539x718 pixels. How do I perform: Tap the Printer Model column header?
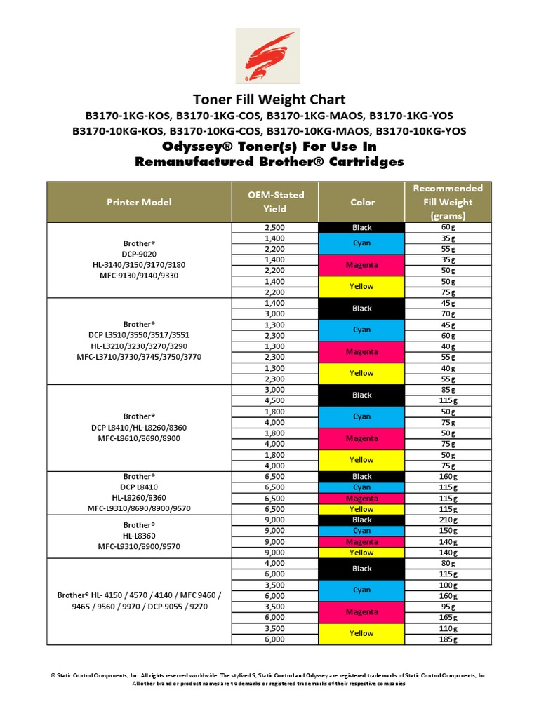139,202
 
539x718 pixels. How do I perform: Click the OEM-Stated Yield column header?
274,202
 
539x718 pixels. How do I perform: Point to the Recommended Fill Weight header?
448,202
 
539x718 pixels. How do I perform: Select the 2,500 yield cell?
274,228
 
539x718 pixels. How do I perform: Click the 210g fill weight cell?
448,520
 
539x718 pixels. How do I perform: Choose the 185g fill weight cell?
448,639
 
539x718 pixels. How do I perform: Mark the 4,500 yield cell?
274,401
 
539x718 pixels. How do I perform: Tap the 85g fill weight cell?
448,390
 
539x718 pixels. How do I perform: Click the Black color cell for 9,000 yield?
361,520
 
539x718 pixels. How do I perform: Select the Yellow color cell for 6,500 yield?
361,509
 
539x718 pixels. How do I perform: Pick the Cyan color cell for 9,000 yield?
361,531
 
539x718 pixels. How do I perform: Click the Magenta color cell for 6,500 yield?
361,499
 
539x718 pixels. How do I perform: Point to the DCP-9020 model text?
139,254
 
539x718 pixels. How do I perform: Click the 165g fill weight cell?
448,618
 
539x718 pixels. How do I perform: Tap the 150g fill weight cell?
448,531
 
